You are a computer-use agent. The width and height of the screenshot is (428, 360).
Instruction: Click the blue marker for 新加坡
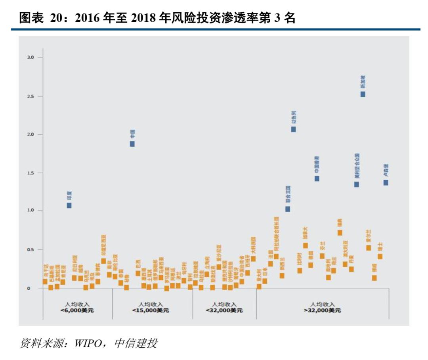tap(363, 94)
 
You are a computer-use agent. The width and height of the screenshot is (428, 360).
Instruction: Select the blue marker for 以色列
tap(293, 129)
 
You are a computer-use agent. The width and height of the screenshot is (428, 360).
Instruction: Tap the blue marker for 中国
tap(132, 144)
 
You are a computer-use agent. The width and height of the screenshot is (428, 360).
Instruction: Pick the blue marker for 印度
tap(69, 205)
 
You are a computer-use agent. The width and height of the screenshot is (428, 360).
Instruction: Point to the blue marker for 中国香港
tap(317, 178)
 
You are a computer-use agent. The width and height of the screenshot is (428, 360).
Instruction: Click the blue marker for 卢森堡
tap(386, 182)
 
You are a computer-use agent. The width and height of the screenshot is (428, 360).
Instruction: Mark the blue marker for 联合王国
tap(288, 209)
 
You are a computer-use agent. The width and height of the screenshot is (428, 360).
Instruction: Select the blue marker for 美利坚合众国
tap(356, 184)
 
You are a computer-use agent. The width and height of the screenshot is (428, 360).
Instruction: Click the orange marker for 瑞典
tap(340, 233)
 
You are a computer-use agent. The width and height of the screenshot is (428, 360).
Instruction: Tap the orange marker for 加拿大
tap(305, 245)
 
